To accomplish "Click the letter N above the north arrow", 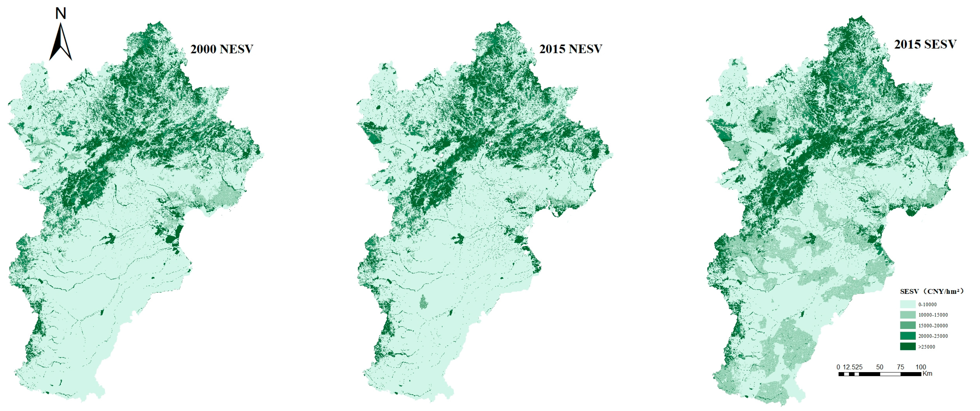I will [x=61, y=14].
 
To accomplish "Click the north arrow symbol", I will [x=61, y=43].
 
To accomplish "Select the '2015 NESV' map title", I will [x=571, y=49].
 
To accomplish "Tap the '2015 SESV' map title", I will [x=925, y=45].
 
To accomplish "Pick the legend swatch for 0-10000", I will [x=908, y=304].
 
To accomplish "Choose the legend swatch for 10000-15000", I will [x=908, y=315].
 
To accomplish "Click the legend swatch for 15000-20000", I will [x=908, y=325].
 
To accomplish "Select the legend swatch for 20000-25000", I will [x=908, y=336].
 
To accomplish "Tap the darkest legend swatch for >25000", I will [x=908, y=347].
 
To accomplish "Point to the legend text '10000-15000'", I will [x=933, y=315].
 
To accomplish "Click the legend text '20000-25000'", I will [x=933, y=336].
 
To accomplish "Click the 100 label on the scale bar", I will [x=921, y=367].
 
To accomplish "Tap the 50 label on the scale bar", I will [x=879, y=367].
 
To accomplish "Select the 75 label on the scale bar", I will [x=900, y=367].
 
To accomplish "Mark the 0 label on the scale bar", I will [x=838, y=367].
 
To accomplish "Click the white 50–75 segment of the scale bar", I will [x=890, y=374].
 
